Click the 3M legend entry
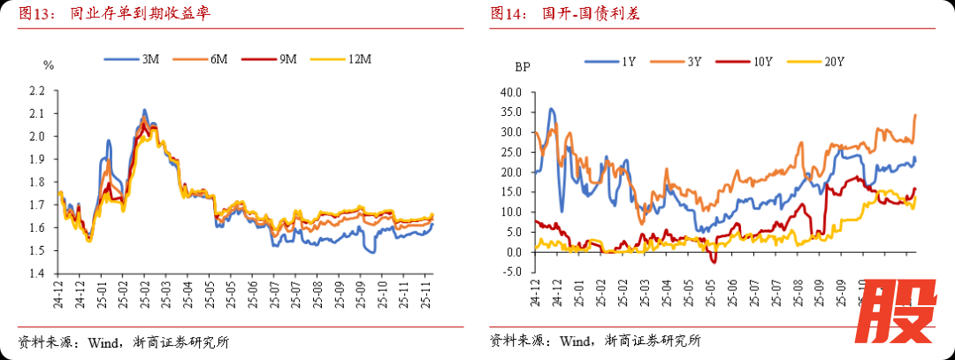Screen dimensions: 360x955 click(x=132, y=59)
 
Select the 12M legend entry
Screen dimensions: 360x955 click(x=340, y=59)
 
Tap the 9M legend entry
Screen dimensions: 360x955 click(x=271, y=59)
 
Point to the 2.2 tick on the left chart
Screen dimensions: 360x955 click(x=36, y=91)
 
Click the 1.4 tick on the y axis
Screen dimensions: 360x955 click(x=36, y=274)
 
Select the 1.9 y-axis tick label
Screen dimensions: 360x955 click(x=36, y=160)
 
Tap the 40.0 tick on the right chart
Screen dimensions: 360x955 click(x=512, y=92)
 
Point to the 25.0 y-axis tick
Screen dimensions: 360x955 click(x=512, y=152)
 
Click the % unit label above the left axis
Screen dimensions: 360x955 click(x=49, y=65)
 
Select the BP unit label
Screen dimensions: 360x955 click(x=523, y=65)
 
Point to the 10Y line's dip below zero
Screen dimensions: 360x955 click(x=714, y=260)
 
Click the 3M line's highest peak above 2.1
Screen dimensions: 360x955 click(x=144, y=111)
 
